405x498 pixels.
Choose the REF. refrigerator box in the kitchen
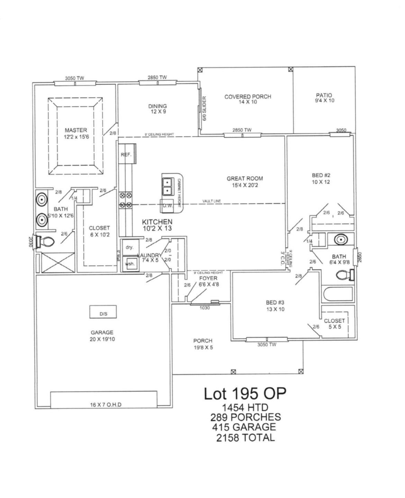pyautogui.click(x=126, y=155)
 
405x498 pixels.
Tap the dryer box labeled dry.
pyautogui.click(x=129, y=247)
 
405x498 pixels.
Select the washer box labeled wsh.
pyautogui.click(x=130, y=264)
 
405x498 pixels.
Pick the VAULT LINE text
pyautogui.click(x=211, y=201)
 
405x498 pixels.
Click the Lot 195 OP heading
pyautogui.click(x=245, y=393)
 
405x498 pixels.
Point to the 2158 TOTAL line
pyautogui.click(x=245, y=437)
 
